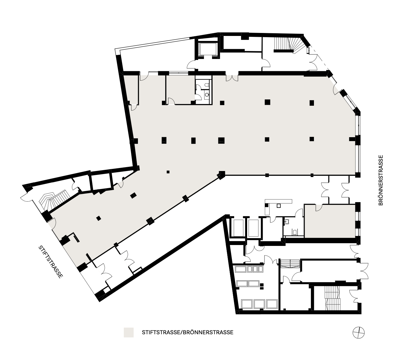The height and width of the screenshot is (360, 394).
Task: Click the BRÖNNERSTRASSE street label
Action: click(x=381, y=180)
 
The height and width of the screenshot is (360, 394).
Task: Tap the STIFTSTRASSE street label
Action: click(x=51, y=261)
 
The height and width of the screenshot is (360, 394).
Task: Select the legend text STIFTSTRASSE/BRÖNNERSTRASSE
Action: click(x=188, y=332)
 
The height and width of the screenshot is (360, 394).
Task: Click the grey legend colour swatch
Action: click(x=129, y=332)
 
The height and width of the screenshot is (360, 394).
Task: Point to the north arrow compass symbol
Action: click(x=358, y=333)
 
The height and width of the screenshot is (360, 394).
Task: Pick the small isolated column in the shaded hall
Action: click(x=168, y=172)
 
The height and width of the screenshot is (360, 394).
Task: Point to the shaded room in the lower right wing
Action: click(x=330, y=221)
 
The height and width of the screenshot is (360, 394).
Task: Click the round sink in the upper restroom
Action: click(x=207, y=95)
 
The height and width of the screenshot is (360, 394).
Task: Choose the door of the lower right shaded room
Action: click(x=319, y=208)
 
